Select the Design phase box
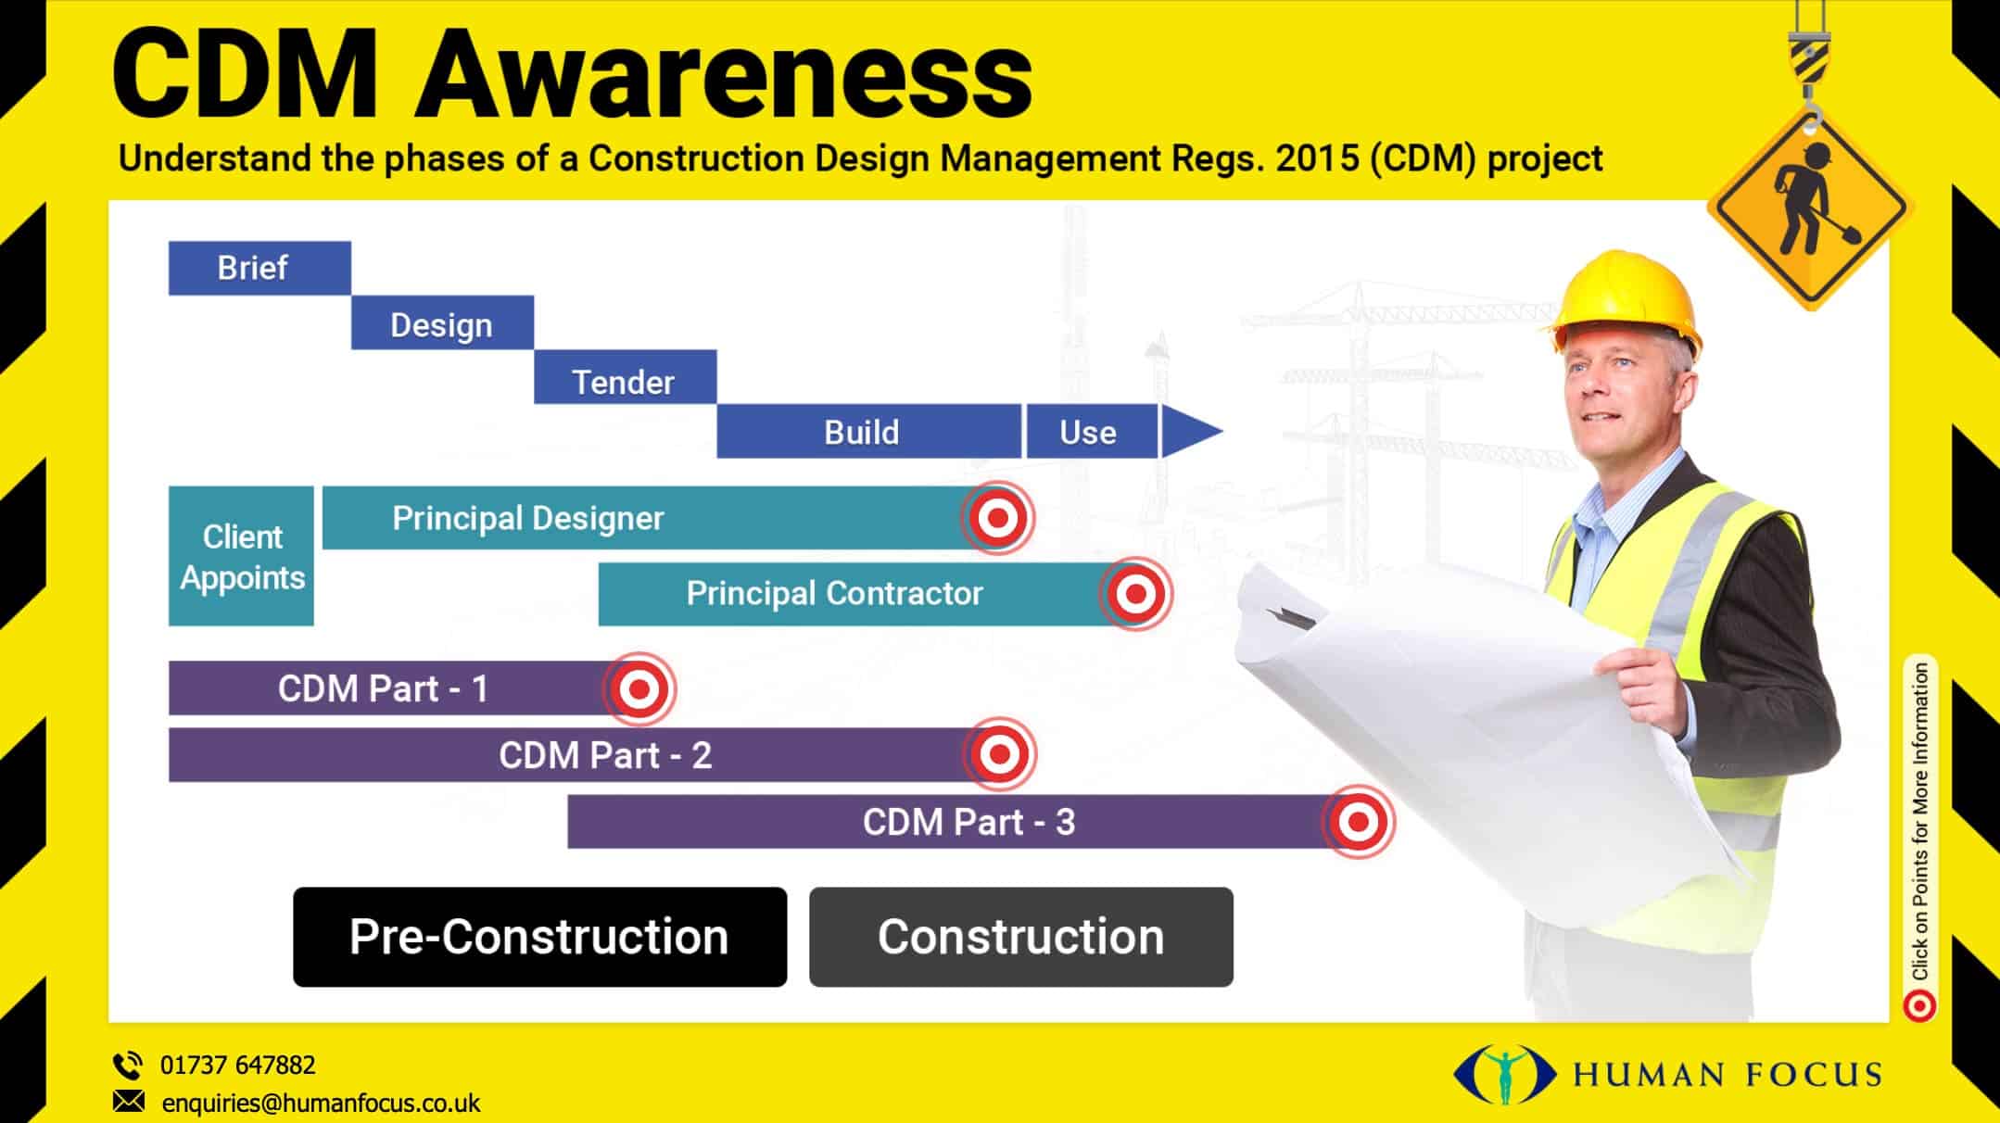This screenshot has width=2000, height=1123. pos(442,323)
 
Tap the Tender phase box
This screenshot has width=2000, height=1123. pos(625,378)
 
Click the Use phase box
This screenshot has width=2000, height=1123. pos(1090,432)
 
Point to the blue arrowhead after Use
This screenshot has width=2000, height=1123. pos(1187,431)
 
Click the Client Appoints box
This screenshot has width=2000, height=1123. pos(241,556)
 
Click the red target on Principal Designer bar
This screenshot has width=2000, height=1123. pos(998,517)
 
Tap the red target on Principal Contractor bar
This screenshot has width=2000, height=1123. pos(1135,593)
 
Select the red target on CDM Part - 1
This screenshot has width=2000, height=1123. pos(639,688)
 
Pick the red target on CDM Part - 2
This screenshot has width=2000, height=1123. pos(999,754)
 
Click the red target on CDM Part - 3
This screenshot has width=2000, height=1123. pos(1358,821)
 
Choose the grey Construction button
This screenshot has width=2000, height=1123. pos(1020,937)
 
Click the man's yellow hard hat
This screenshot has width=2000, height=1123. pos(1627,301)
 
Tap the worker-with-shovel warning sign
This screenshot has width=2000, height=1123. pos(1811,208)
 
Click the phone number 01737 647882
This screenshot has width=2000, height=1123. pos(237,1066)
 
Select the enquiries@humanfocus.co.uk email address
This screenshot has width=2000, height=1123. pos(321,1104)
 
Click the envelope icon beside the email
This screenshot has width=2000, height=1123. pos(129,1102)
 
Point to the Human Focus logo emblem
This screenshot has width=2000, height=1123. pos(1505,1075)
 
